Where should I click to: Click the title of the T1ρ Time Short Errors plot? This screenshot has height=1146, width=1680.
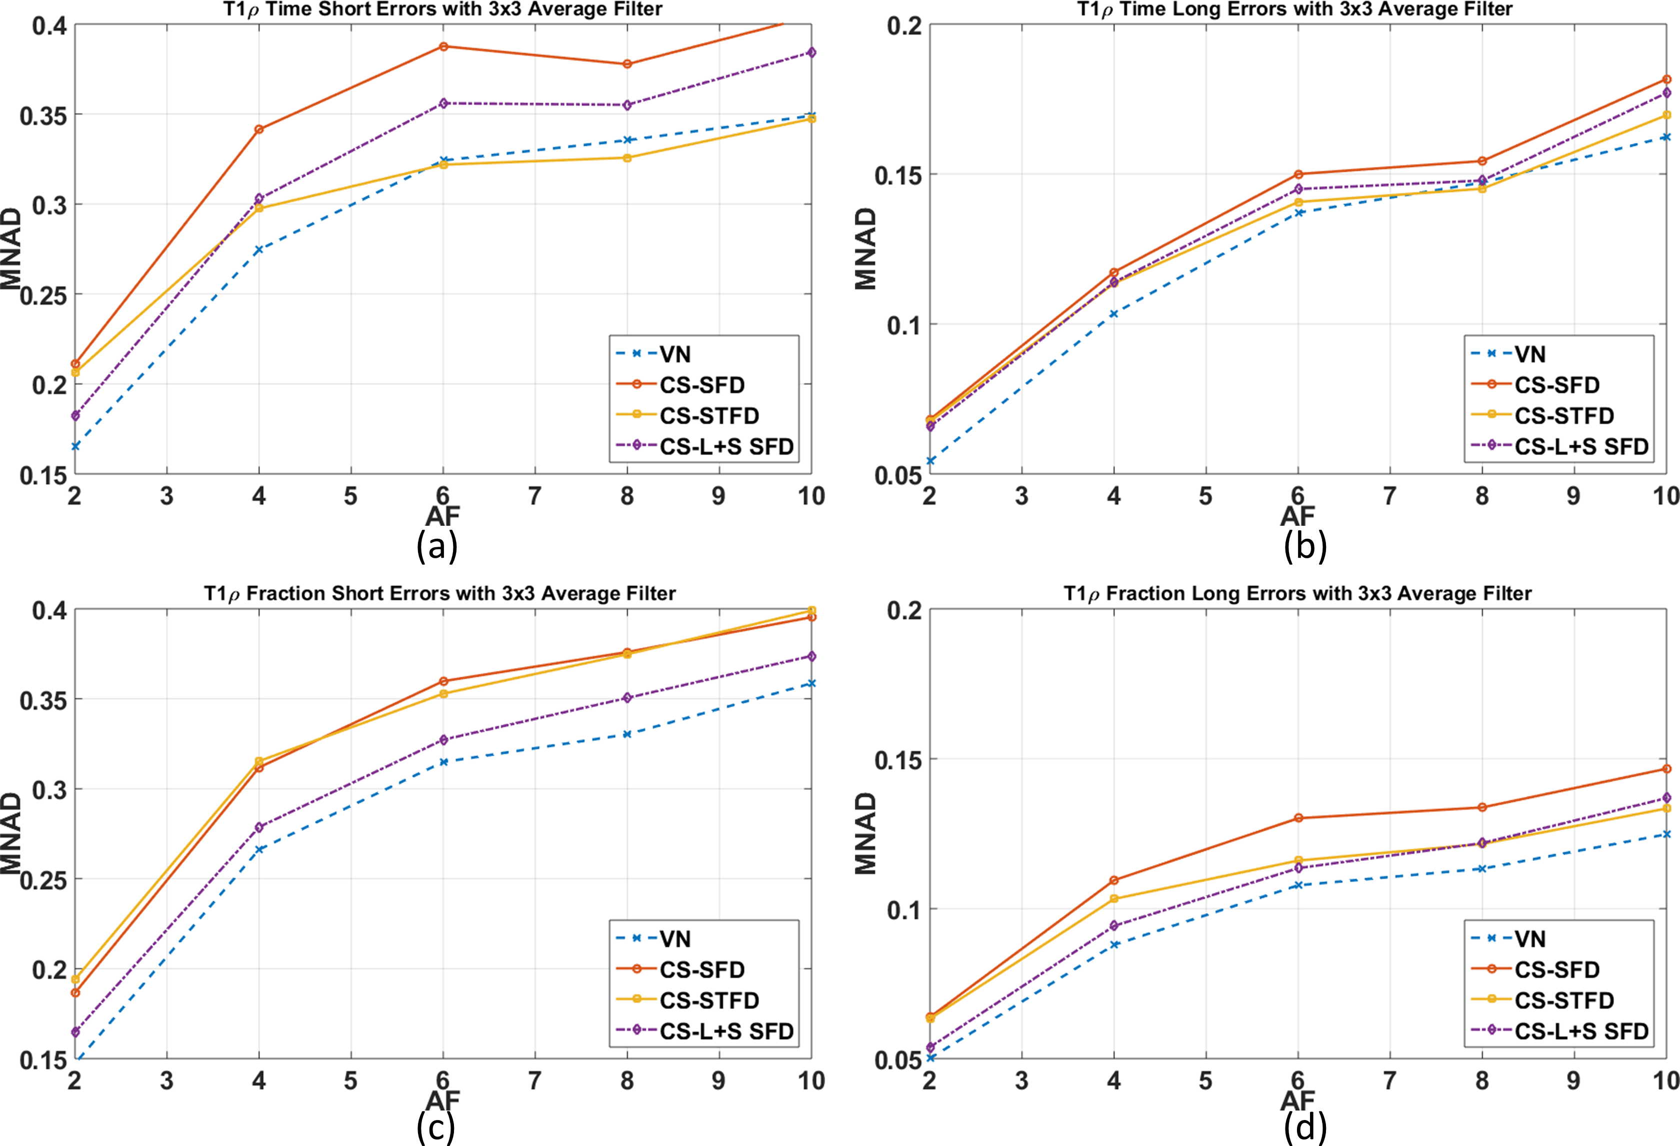442,9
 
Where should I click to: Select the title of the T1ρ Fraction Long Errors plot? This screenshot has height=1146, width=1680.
1297,594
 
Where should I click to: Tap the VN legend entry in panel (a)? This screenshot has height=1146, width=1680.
674,354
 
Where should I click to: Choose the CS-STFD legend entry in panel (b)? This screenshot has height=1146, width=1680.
1563,416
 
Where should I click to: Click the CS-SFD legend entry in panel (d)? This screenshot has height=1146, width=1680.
1556,970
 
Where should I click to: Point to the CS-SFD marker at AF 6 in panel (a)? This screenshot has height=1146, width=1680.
443,46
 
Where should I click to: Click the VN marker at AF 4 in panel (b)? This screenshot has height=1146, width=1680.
1114,313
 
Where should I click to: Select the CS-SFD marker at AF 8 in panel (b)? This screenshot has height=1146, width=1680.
1482,161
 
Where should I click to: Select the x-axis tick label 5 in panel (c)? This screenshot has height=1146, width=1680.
350,1081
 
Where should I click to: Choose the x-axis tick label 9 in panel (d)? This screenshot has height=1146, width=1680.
1573,1081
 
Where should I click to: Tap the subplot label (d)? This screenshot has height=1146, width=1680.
1305,1128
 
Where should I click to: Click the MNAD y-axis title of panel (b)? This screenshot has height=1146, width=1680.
866,249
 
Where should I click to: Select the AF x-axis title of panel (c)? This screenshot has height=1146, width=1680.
442,1101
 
